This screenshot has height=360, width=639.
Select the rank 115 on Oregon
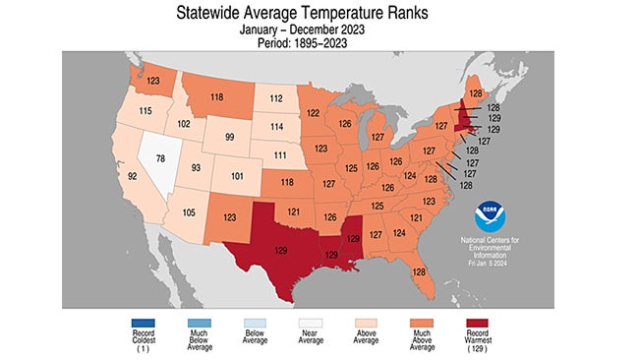[147, 111]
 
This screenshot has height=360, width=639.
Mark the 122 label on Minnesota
[314, 114]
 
